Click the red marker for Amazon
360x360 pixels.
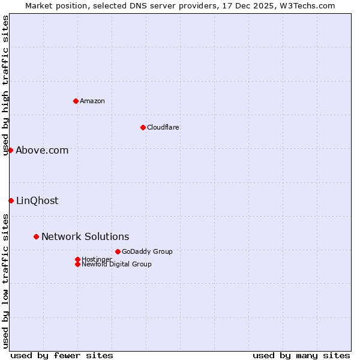(76, 101)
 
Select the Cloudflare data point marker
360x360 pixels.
(143, 127)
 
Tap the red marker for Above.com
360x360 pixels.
(10, 150)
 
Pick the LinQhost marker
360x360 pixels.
(11, 200)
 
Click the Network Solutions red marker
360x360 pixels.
(36, 236)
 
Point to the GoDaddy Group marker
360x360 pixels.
(118, 251)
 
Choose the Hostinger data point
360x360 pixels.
(77, 259)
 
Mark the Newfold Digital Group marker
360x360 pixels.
(77, 264)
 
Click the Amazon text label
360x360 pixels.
(92, 101)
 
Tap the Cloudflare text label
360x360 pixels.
(163, 127)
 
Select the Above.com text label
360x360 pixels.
(42, 151)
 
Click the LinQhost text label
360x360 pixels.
(37, 201)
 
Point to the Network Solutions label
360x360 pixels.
(85, 237)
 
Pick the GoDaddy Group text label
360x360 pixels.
(147, 251)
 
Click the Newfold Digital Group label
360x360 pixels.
(117, 265)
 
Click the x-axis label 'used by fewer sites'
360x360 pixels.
(62, 355)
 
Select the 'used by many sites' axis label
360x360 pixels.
(301, 355)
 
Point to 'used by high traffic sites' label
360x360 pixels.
(5, 85)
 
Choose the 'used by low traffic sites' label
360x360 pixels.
(5, 281)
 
